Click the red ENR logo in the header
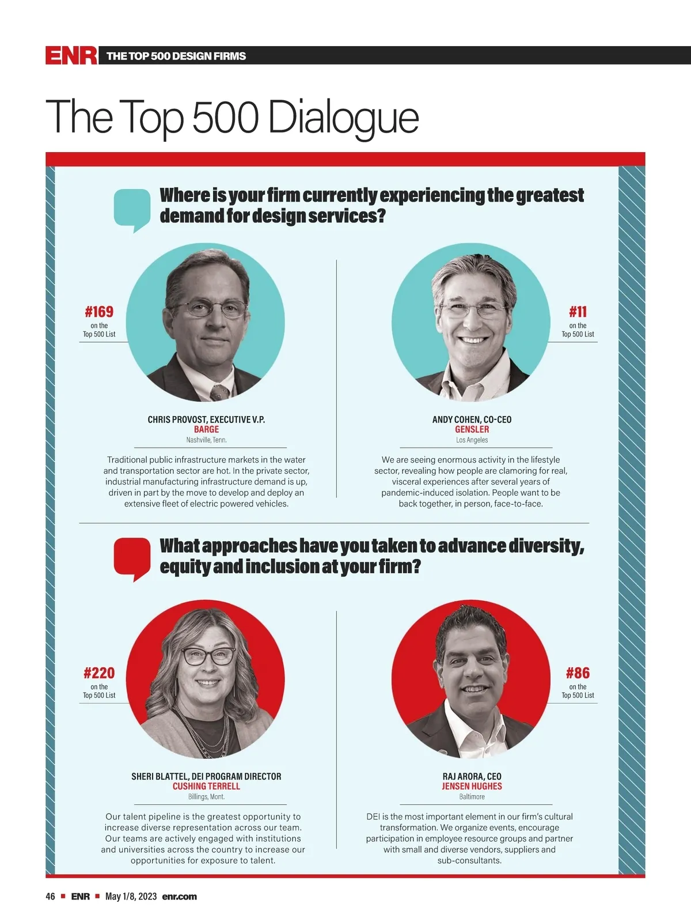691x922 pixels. tap(71, 55)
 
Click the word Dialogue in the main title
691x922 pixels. tap(343, 118)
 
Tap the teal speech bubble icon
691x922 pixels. tap(132, 210)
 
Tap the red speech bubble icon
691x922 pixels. tap(132, 558)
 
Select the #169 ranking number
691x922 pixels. tap(99, 312)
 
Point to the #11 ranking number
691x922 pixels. tap(578, 312)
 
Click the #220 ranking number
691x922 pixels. tap(99, 673)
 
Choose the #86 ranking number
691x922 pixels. tap(578, 673)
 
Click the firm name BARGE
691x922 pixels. tap(206, 429)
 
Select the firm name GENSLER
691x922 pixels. tap(472, 429)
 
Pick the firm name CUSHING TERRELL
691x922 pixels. tap(206, 786)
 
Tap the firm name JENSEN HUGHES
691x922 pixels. tap(472, 786)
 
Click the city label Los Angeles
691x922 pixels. tap(472, 440)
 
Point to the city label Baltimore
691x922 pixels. tap(472, 796)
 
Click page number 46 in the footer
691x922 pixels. tap(51, 896)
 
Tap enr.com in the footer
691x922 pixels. tap(179, 896)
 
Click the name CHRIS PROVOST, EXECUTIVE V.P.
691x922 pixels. tap(206, 420)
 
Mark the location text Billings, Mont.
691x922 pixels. tap(206, 796)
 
